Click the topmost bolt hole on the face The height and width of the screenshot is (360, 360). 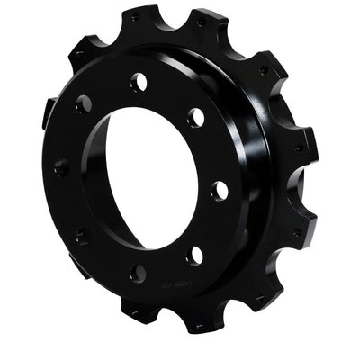pyautogui.click(x=139, y=82)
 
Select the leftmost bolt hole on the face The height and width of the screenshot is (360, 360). pyautogui.click(x=61, y=167)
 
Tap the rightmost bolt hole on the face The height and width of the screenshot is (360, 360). pyautogui.click(x=219, y=190)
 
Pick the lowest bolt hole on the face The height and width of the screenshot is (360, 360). pyautogui.click(x=139, y=272)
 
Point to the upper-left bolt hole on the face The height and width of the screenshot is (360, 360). pyautogui.click(x=84, y=104)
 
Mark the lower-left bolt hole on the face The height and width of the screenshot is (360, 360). pyautogui.click(x=82, y=237)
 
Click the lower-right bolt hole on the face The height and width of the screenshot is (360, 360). pyautogui.click(x=193, y=255)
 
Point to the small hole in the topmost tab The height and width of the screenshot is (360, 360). pyautogui.click(x=135, y=16)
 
